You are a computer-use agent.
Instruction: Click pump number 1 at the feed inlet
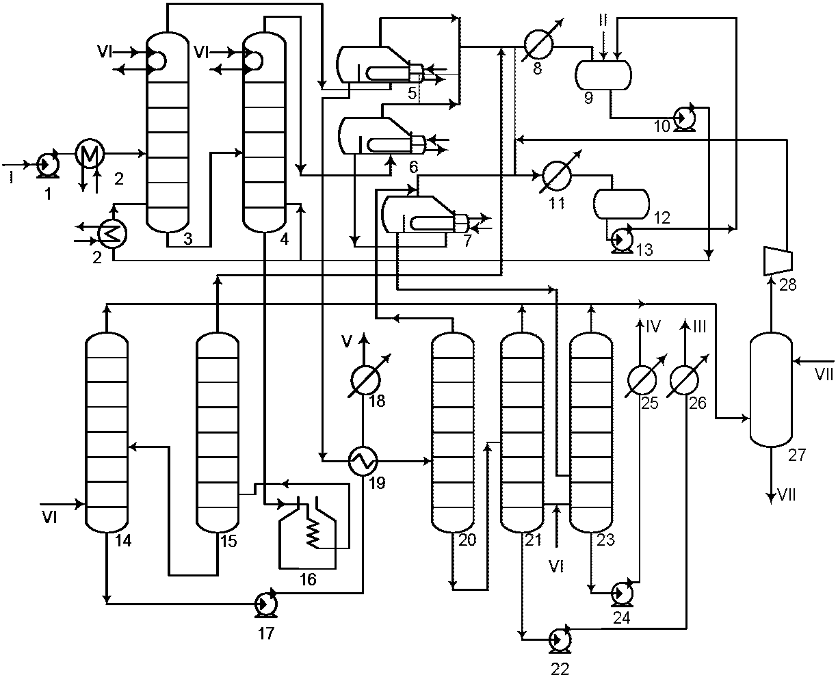point(48,164)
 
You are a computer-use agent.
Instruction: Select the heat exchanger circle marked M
point(90,153)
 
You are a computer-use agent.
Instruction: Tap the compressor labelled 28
point(777,261)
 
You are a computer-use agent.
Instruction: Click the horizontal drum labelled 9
point(603,75)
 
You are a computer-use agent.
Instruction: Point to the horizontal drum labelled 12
point(621,204)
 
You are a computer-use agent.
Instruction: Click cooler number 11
point(557,175)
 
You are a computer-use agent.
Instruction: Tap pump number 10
point(685,117)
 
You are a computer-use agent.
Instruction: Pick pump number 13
point(622,238)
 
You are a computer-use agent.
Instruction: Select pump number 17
point(266,603)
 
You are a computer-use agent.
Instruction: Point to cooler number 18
point(365,380)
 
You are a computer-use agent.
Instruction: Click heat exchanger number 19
point(363,461)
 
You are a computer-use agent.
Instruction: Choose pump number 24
point(622,592)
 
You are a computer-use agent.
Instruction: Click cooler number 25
point(642,380)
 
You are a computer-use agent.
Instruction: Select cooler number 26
point(684,380)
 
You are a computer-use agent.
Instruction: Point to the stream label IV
point(653,327)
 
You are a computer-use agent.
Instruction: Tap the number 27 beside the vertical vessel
point(798,455)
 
